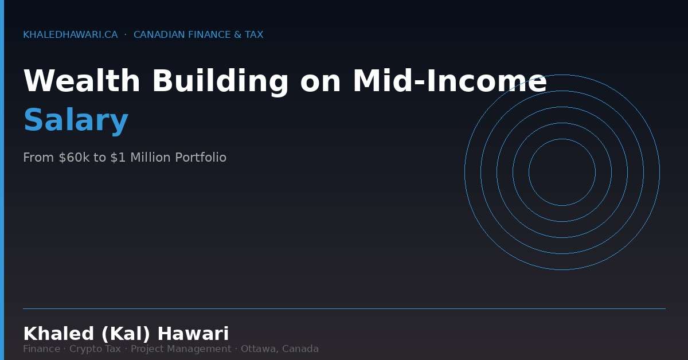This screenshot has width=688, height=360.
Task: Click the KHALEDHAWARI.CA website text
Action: (70, 35)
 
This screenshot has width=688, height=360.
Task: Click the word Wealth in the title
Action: (81, 81)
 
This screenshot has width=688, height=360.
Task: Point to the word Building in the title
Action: (220, 81)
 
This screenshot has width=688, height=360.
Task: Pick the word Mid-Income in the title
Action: (449, 81)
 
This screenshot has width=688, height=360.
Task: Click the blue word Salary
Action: (76, 120)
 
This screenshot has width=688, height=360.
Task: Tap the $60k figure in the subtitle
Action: (74, 158)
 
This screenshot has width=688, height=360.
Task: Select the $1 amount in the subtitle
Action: (118, 158)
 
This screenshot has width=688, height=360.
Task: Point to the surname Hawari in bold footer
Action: (193, 334)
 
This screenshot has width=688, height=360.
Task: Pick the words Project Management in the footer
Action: (181, 349)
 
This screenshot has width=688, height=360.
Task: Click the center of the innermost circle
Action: (562, 172)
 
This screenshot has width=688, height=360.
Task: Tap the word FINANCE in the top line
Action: (209, 35)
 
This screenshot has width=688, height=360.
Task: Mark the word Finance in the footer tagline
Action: (41, 349)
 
